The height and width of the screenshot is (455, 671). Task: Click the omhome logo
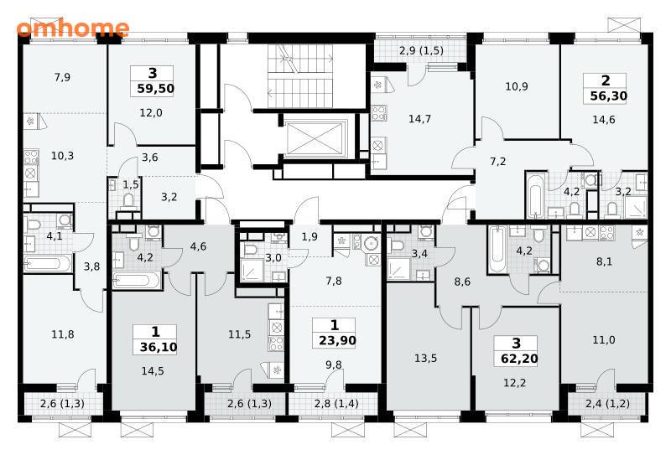[x=73, y=28]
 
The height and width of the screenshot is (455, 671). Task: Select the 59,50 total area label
[x=156, y=89]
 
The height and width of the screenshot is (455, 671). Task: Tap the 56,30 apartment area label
[x=609, y=96]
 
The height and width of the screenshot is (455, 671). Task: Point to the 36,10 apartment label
[x=159, y=347]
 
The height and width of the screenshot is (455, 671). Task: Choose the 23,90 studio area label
[x=337, y=340]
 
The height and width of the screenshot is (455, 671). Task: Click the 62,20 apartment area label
[x=519, y=359]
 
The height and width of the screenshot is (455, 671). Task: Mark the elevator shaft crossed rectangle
[x=316, y=138]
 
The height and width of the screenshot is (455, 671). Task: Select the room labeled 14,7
[x=419, y=119]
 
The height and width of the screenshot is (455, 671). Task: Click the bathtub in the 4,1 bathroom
[x=47, y=264]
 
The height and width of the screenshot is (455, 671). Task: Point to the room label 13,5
[x=425, y=358]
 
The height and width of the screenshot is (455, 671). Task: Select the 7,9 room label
[x=62, y=77]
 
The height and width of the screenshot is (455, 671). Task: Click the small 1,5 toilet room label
[x=131, y=184]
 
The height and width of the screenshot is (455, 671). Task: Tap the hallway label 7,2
[x=497, y=161]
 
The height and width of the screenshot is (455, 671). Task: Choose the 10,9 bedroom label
[x=517, y=86]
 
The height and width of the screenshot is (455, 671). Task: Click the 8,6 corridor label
[x=462, y=282]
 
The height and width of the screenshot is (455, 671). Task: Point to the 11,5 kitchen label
[x=239, y=334]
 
